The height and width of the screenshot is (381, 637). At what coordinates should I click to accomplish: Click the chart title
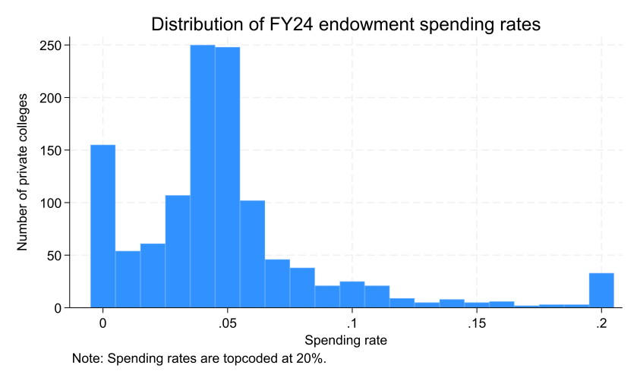(x=345, y=24)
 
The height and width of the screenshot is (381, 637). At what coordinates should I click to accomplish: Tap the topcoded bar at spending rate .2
(x=601, y=291)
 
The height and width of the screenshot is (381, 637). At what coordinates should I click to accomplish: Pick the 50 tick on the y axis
(x=54, y=256)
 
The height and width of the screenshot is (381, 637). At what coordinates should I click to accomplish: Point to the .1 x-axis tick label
(x=351, y=323)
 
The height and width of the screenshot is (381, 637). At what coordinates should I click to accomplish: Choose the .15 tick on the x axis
(x=475, y=323)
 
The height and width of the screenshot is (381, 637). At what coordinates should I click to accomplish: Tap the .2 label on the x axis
(x=601, y=323)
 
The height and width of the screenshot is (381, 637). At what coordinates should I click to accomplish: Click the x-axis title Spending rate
(x=345, y=341)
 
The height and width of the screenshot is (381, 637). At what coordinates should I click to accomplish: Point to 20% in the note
(x=311, y=358)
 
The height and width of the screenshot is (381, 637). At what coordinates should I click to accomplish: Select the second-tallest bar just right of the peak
(x=227, y=177)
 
